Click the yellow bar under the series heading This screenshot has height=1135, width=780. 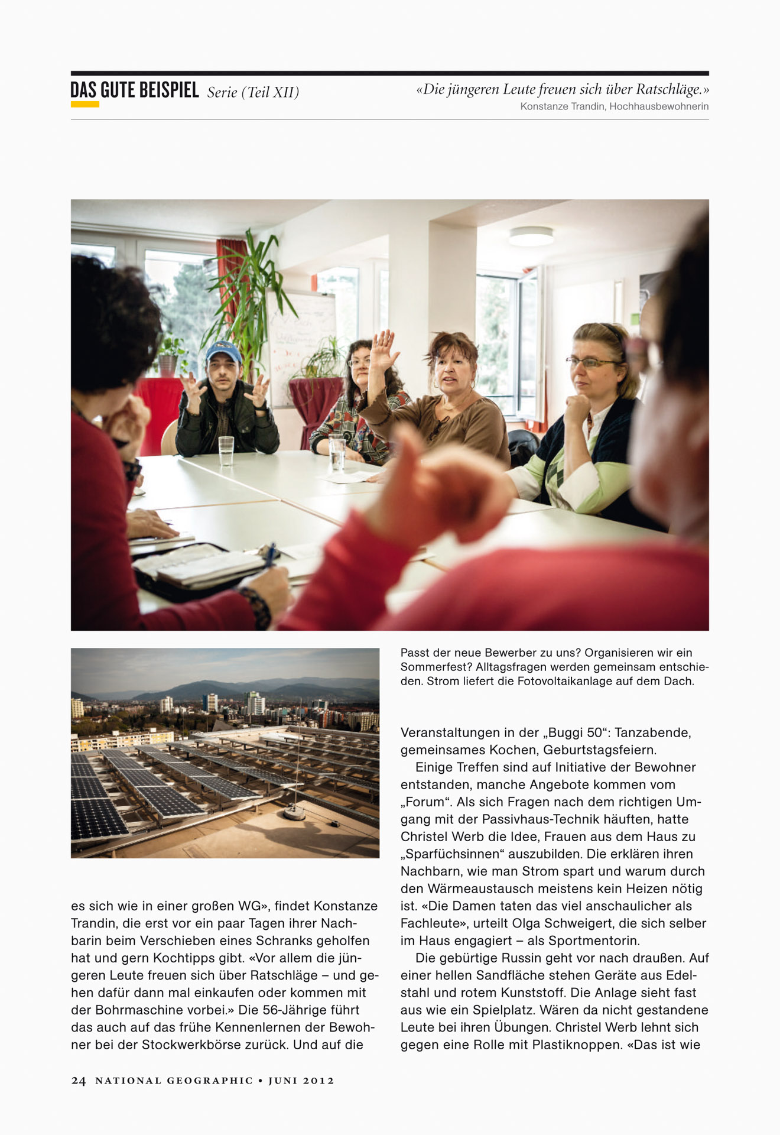[84, 105]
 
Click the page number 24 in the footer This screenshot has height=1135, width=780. [78, 1081]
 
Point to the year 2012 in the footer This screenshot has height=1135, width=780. [318, 1081]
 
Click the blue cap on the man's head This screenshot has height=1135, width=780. [223, 351]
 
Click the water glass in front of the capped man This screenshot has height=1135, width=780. [226, 451]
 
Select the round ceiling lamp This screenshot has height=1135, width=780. [531, 236]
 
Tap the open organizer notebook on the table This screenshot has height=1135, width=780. [195, 567]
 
